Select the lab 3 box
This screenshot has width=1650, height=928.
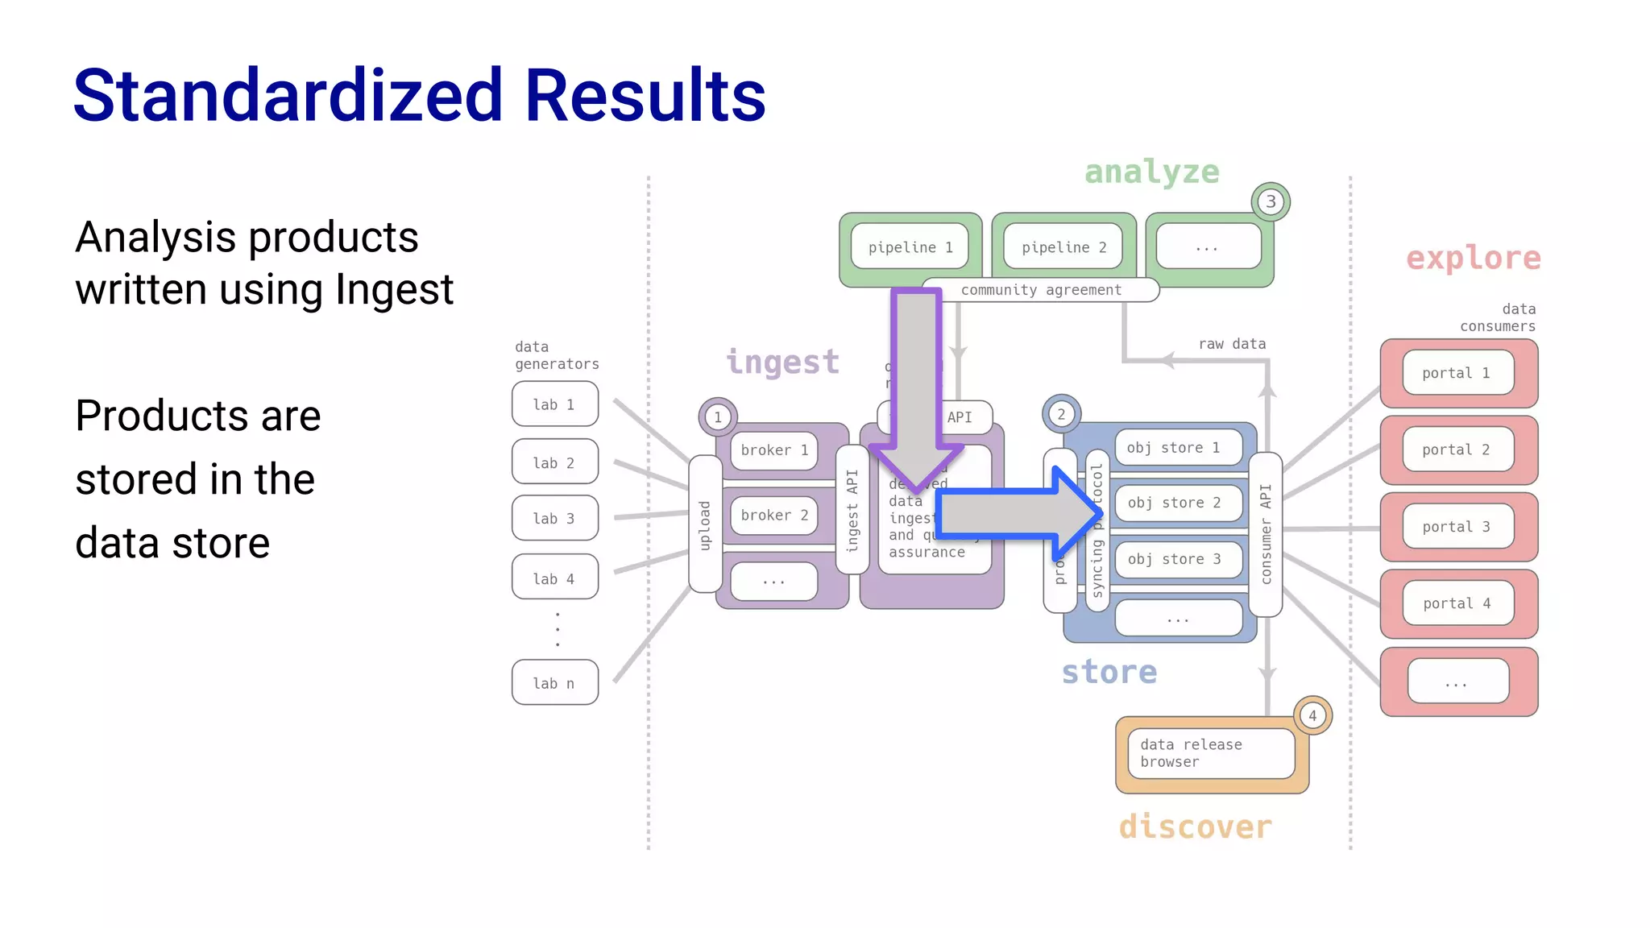click(554, 518)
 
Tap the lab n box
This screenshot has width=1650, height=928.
click(554, 682)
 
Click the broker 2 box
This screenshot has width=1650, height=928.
click(773, 516)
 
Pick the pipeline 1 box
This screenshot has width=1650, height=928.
click(910, 246)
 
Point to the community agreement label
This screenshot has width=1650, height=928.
click(1040, 290)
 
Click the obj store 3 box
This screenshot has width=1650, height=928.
click(1177, 559)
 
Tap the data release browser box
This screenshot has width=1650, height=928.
click(1210, 753)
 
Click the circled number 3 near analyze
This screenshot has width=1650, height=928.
click(1271, 201)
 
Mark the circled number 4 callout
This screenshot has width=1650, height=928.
click(1312, 715)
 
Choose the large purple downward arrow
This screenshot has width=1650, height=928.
click(916, 387)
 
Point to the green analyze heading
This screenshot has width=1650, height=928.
click(1151, 172)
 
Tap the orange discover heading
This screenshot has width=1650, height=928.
click(1195, 827)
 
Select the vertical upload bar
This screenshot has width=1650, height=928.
click(705, 524)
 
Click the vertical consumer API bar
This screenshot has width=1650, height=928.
click(1265, 534)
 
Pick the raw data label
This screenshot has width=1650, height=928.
click(1232, 344)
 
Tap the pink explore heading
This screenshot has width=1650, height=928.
click(1473, 259)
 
